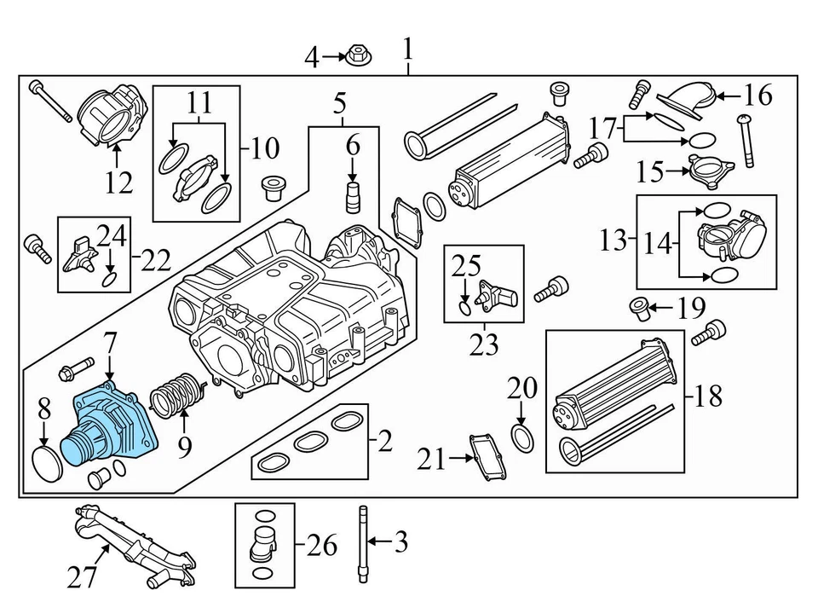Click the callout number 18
708,396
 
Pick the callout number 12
119,182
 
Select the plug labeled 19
639,309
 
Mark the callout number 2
384,442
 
